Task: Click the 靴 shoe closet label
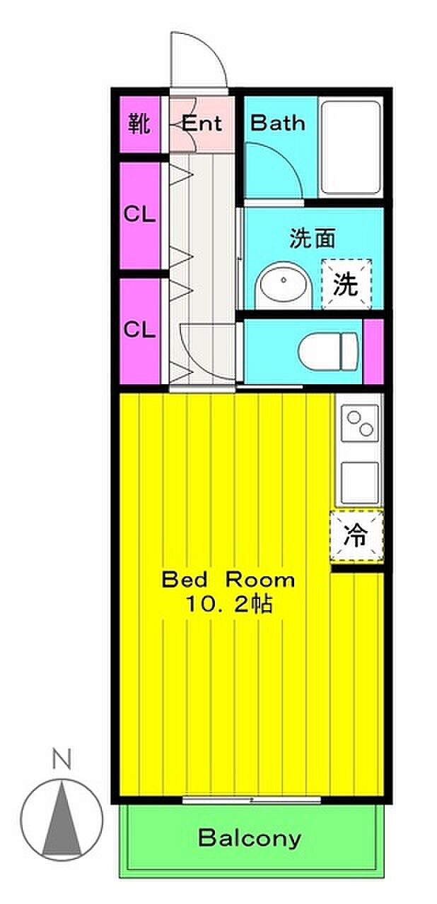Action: coord(139,124)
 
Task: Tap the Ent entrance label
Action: coord(202,123)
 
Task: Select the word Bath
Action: coord(277,123)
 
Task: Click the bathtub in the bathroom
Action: coord(351,148)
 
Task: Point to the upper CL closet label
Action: coord(139,214)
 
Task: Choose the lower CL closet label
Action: coord(139,330)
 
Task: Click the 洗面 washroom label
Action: coord(313,239)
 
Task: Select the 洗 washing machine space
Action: coord(346,284)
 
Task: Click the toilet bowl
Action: coord(328,351)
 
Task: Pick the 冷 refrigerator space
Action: coord(356,536)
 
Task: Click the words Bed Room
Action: coord(228,580)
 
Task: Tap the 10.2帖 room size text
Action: coord(228,605)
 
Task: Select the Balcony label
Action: coord(250,838)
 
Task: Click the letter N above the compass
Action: coord(62,759)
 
